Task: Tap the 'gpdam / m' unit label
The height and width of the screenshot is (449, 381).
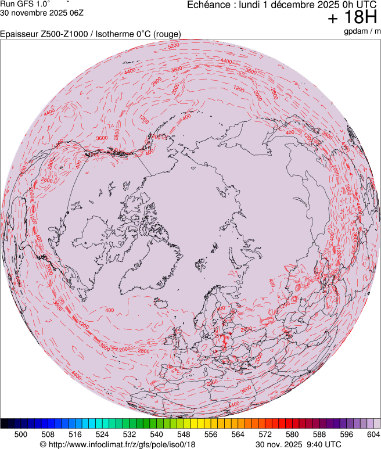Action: (361, 31)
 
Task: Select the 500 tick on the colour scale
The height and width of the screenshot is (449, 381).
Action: (21, 434)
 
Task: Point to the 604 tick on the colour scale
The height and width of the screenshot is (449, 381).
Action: (373, 434)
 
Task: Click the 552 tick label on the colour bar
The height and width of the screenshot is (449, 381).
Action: (197, 434)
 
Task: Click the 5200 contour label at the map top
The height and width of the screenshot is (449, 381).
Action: (173, 45)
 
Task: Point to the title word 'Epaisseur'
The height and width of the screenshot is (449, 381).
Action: (20, 34)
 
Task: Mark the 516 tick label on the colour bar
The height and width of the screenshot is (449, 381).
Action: (76, 434)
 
